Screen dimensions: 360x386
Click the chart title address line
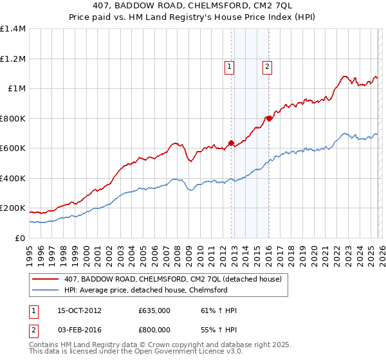193,6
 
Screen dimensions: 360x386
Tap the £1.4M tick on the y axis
13,29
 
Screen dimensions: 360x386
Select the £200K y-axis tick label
13,208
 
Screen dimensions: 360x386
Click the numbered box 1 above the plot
229,65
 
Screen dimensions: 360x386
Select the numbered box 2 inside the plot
266,65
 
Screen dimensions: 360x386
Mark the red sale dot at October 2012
231,143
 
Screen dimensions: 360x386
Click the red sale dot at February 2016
268,118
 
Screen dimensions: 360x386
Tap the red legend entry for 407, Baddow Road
172,279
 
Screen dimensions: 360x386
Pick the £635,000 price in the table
154,310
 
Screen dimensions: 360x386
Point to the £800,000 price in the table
154,329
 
